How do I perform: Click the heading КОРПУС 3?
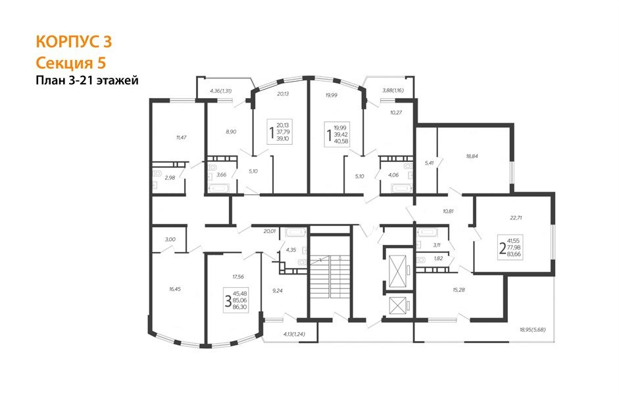pyautogui.click(x=74, y=41)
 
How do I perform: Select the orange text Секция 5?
pyautogui.click(x=71, y=63)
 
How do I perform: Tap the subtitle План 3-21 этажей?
pyautogui.click(x=87, y=80)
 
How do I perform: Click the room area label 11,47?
pyautogui.click(x=181, y=138)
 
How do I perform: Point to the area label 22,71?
pyautogui.click(x=516, y=217)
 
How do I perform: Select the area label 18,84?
pyautogui.click(x=472, y=156)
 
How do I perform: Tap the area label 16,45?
pyautogui.click(x=174, y=289)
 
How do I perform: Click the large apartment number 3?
pyautogui.click(x=228, y=301)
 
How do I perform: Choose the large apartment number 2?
pyautogui.click(x=503, y=248)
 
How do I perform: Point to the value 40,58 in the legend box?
pyautogui.click(x=341, y=141)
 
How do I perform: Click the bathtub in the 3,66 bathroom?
pyautogui.click(x=219, y=188)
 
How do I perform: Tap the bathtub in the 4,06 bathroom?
pyautogui.click(x=402, y=188)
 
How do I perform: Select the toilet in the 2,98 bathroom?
pyautogui.click(x=157, y=173)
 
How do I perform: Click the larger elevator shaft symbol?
pyautogui.click(x=397, y=271)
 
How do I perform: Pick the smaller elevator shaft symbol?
pyautogui.click(x=397, y=305)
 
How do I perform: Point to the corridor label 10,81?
pyautogui.click(x=448, y=211)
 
